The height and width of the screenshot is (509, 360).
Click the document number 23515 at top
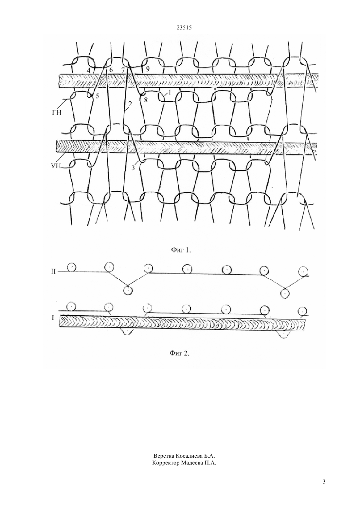184,28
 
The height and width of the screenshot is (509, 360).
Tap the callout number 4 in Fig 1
89,70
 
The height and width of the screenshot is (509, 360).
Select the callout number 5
97,96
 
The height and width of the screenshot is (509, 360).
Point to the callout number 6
111,70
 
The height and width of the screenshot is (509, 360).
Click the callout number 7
123,70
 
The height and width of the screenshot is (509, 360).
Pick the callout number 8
146,99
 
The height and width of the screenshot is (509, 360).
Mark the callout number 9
148,69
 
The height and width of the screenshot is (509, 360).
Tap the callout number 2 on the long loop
130,104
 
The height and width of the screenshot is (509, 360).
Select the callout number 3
133,168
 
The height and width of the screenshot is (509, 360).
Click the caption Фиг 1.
181,250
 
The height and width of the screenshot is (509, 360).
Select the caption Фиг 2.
180,354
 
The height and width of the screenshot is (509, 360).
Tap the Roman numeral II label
53,271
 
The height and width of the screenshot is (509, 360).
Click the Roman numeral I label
53,318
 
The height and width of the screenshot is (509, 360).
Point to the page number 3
324,488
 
